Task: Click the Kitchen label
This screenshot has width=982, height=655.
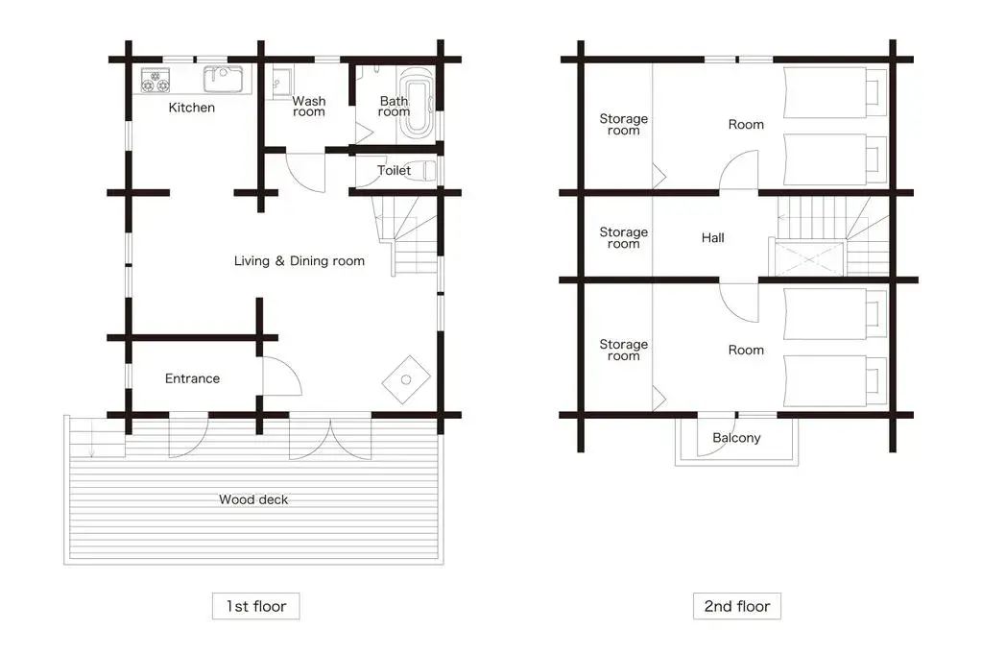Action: (192, 108)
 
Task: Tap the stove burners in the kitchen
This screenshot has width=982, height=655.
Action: (156, 80)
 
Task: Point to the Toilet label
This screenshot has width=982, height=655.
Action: (394, 171)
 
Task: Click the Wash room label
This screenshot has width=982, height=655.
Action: (309, 107)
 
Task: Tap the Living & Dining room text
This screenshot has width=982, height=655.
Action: (299, 261)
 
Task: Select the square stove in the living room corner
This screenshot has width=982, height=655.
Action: (405, 378)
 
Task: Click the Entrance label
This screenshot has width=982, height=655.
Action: (192, 378)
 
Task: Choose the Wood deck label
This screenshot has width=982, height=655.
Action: (253, 499)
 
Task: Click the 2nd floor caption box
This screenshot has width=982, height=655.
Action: (737, 606)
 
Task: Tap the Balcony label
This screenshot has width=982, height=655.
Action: (736, 438)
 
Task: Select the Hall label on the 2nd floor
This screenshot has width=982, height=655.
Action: (712, 238)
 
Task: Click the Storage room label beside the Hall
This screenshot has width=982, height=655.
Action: (624, 238)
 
